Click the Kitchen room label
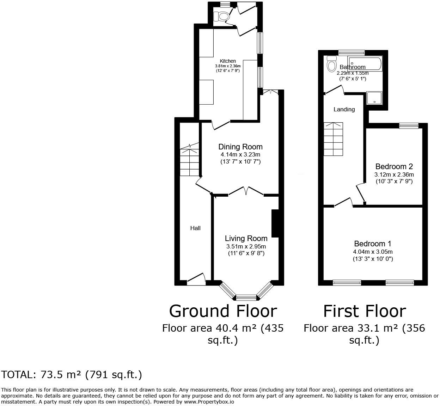[x=228, y=61]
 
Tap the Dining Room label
[x=240, y=147]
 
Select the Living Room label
[x=246, y=238]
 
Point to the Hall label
[x=195, y=228]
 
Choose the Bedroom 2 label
[x=394, y=166]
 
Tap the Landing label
[x=344, y=109]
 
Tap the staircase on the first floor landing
[x=333, y=139]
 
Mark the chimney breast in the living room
[x=275, y=223]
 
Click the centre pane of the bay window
[x=246, y=297]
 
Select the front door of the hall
[x=196, y=279]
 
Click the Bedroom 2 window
[x=409, y=125]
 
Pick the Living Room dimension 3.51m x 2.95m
[x=246, y=246]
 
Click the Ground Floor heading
[x=223, y=311]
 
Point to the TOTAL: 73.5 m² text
[x=72, y=374]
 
